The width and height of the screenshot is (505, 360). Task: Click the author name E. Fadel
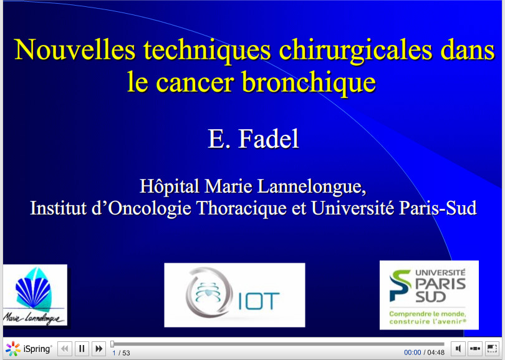tap(253, 139)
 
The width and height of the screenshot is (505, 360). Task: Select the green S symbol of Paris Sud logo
tap(400, 285)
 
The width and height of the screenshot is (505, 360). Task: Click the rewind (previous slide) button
tap(65, 349)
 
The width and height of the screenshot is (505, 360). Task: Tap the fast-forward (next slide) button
tap(99, 349)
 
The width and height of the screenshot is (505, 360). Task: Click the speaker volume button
tap(458, 349)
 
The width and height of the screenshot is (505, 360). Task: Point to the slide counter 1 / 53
tap(121, 353)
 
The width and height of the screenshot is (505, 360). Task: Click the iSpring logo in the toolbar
tap(29, 349)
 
